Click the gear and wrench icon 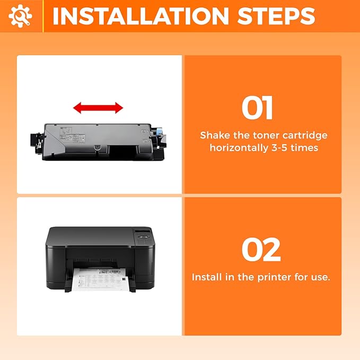coord(20,16)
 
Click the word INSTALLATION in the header coord(141,16)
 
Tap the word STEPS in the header coord(276,16)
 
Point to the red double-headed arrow coord(98,108)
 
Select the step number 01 coord(257,108)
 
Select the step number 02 coord(261,250)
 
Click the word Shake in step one coord(215,135)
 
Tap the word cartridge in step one coord(305,136)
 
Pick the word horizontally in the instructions coord(239,148)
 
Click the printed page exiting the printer coord(100,279)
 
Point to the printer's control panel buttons coord(144,239)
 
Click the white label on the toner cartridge coord(73,135)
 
